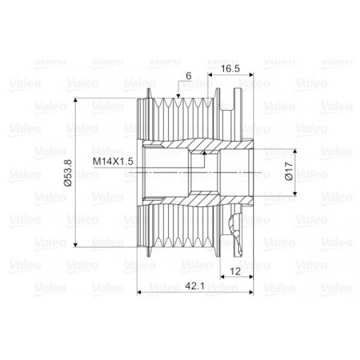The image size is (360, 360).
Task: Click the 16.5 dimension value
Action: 230,68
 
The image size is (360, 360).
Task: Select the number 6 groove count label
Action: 189,76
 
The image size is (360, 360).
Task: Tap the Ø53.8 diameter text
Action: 68,173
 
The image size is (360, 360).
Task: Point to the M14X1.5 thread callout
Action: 113,162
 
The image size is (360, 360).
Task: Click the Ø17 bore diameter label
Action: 289,171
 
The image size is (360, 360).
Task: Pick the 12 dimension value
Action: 235,272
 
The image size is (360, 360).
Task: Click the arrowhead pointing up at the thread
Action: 204,153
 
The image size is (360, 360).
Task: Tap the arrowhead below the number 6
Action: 178,96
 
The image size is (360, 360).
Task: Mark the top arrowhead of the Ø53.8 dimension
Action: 76,100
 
